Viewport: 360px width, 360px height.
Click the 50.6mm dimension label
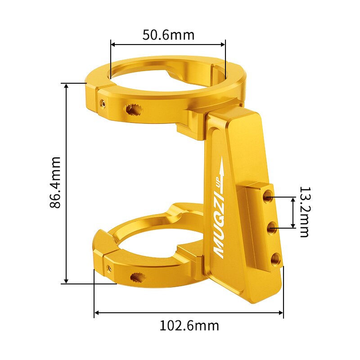click(168, 35)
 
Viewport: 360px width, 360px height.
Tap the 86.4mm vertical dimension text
click(55, 182)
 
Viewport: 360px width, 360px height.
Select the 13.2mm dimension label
click(304, 212)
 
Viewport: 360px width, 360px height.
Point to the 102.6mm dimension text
click(189, 325)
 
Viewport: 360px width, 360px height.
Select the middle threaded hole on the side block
click(272, 229)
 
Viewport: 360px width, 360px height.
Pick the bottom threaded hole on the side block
click(275, 259)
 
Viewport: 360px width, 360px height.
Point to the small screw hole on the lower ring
click(109, 269)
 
